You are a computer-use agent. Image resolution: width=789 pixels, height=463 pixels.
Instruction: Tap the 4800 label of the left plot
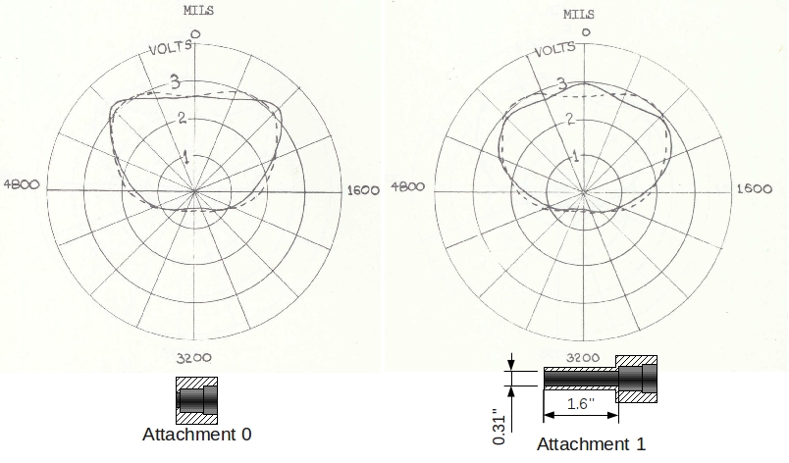22,184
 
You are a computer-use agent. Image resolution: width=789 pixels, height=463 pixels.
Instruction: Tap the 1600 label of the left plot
363,190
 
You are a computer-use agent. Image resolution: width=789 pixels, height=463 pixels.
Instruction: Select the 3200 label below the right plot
582,357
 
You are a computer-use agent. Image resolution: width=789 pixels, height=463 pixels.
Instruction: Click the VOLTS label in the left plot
172,48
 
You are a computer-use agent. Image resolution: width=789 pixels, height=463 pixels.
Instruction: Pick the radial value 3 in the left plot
176,82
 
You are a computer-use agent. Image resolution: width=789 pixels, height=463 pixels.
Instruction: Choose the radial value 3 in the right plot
561,84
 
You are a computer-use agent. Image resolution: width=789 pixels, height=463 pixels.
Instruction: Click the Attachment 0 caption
197,435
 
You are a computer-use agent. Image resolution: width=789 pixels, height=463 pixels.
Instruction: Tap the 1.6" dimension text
579,404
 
